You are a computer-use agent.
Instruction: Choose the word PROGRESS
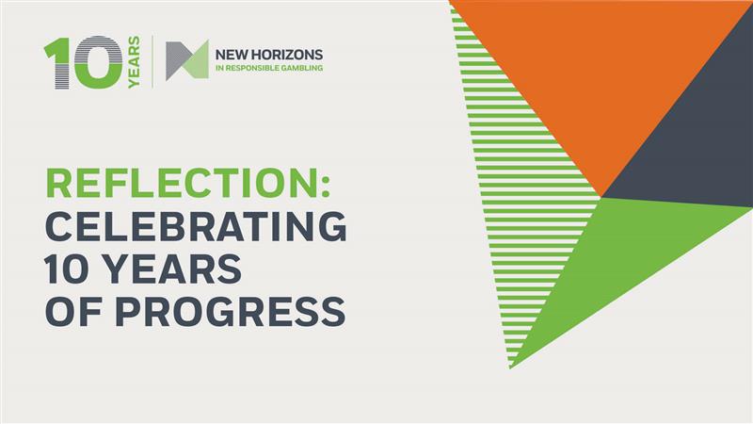point(225,312)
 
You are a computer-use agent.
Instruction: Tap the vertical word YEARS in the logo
point(134,63)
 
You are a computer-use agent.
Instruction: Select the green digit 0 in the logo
point(95,63)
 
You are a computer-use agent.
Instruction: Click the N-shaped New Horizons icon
point(186,60)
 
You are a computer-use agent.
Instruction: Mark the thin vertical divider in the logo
point(153,61)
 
